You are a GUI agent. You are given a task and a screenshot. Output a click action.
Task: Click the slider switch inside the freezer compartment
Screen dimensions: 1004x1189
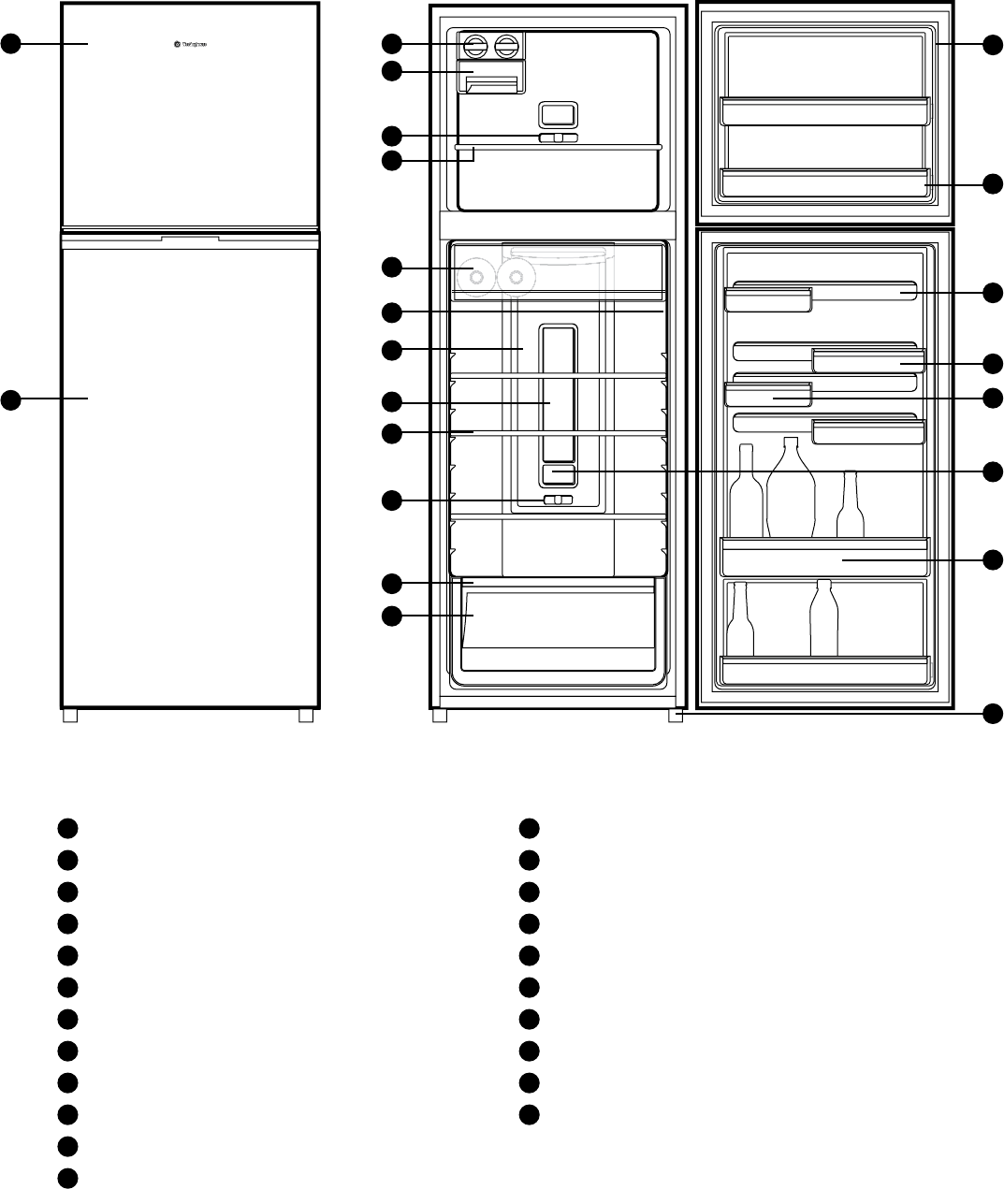pyautogui.click(x=558, y=138)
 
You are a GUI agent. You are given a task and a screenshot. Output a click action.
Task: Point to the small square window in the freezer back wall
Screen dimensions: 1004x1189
pyautogui.click(x=558, y=114)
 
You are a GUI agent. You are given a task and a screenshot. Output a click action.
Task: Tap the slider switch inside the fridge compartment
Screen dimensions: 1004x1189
pyautogui.click(x=558, y=500)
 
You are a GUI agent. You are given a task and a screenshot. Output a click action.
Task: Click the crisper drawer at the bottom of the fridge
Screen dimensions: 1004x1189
pyautogui.click(x=557, y=628)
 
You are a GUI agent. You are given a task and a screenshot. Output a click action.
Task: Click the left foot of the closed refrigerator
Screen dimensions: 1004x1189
pyautogui.click(x=69, y=716)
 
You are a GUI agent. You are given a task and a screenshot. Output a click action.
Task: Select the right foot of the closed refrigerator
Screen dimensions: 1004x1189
pyautogui.click(x=306, y=716)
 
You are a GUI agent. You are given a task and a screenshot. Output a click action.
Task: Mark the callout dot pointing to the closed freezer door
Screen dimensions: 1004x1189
pyautogui.click(x=10, y=43)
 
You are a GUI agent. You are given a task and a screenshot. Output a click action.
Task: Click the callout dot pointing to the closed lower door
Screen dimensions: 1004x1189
pyautogui.click(x=10, y=399)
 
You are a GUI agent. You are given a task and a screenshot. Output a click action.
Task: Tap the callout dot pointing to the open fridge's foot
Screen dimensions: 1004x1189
pyautogui.click(x=993, y=715)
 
